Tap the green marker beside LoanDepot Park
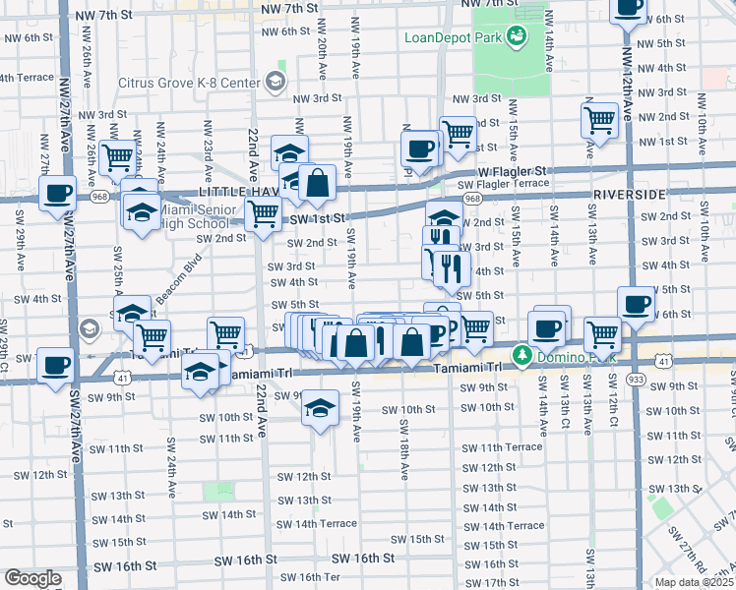point(516,37)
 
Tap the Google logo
point(32,578)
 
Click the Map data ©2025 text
point(695,582)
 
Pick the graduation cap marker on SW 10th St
point(319,407)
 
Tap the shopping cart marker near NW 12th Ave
point(599,120)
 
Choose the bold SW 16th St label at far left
point(125,566)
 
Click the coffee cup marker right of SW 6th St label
point(636,303)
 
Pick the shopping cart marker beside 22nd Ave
point(263,212)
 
